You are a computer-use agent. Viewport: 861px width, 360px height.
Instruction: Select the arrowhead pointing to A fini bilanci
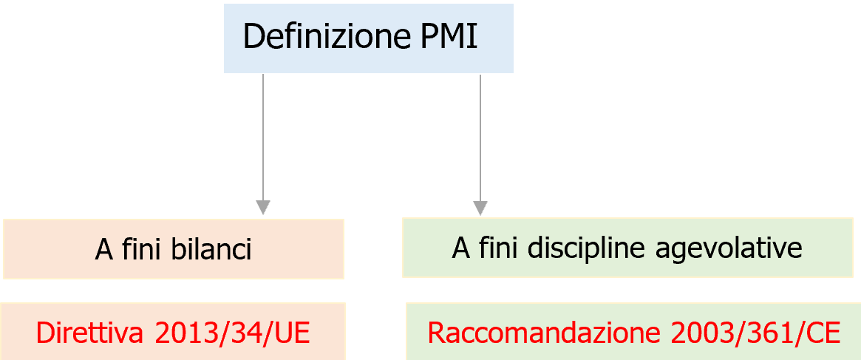(x=263, y=207)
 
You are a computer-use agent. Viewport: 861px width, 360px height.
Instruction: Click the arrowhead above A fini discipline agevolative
(x=480, y=207)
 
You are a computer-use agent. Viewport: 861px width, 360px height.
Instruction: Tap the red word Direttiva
(x=89, y=333)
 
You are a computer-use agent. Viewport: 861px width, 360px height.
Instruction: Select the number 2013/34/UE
(x=232, y=333)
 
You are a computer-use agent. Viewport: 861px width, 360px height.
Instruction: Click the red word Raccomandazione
(x=544, y=333)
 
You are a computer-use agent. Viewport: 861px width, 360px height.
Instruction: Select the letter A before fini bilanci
(x=103, y=250)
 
